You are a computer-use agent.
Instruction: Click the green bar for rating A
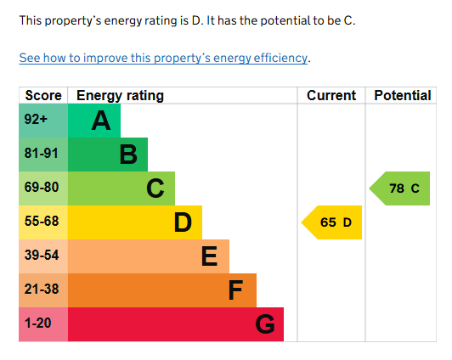coord(93,121)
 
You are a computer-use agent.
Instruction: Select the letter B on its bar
coord(128,155)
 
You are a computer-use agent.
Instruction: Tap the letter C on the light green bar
coord(155,188)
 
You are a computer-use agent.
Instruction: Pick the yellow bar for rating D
coord(134,222)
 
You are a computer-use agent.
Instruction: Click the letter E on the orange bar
coord(209,256)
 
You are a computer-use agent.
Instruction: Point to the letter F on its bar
coord(236,290)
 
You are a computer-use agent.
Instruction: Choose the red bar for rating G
coord(175,324)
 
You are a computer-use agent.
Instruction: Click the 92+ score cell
coord(42,121)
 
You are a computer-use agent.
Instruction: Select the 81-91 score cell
coord(42,155)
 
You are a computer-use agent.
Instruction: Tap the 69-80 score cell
coord(42,188)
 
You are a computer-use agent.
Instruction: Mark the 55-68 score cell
coord(42,222)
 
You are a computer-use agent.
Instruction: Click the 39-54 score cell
coord(42,256)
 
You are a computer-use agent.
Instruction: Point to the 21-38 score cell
coord(42,290)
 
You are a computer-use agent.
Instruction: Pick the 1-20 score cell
coord(42,324)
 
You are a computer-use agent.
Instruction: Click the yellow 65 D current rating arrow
coord(332,222)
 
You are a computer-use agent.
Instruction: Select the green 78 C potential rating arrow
coord(401,188)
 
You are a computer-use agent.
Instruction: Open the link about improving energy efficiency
coord(164,59)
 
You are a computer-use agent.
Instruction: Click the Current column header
coord(331,95)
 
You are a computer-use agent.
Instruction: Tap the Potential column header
coord(403,95)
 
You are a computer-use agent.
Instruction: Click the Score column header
coord(42,95)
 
